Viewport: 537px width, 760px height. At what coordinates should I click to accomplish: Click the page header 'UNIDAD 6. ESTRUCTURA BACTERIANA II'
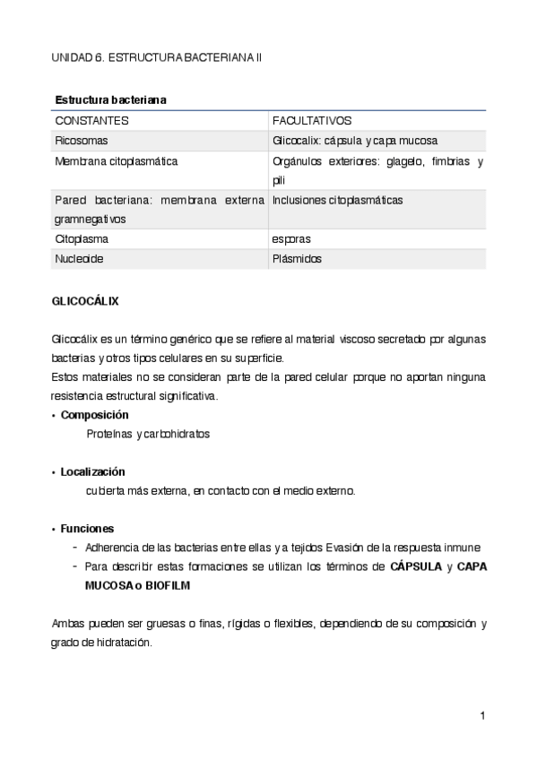[156, 56]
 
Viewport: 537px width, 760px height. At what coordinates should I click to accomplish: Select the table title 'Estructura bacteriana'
[110, 99]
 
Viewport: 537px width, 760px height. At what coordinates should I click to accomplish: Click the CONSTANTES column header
[92, 120]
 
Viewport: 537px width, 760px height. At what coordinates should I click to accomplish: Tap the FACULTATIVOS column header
[312, 120]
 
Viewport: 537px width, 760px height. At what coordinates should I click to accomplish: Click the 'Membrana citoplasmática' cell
[116, 161]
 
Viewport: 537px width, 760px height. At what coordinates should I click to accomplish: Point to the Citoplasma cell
[82, 239]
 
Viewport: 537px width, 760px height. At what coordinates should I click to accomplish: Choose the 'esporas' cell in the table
[291, 239]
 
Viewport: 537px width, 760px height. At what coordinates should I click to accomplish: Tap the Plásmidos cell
[297, 259]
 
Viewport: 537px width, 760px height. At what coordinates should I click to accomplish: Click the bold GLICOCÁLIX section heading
[85, 301]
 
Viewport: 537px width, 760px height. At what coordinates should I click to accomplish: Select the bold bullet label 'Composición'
[94, 415]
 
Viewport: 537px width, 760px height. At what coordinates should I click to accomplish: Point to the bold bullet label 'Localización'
[92, 471]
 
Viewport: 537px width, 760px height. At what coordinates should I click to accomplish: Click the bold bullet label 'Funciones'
[87, 528]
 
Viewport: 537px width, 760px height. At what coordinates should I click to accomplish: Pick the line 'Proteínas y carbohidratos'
[148, 434]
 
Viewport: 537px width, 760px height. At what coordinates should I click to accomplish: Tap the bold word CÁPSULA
[417, 566]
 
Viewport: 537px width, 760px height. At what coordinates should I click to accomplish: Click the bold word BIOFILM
[166, 584]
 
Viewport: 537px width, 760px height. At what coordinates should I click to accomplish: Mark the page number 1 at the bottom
[482, 715]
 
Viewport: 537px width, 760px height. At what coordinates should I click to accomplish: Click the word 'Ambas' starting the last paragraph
[67, 623]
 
